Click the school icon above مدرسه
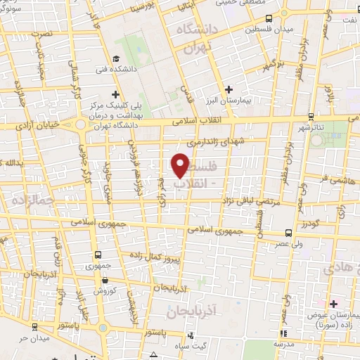click(283, 333)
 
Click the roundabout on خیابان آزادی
click(82, 125)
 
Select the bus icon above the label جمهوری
click(96, 256)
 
